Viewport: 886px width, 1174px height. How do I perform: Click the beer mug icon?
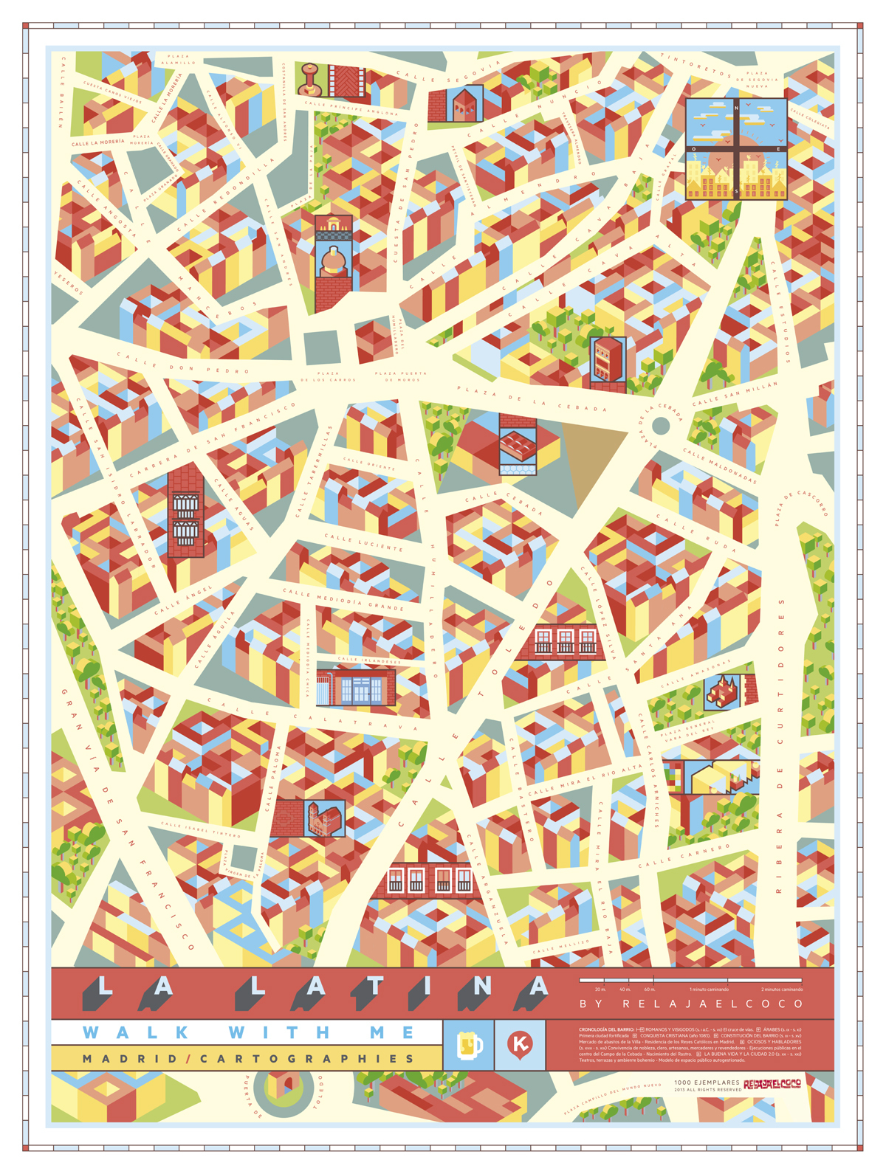(x=470, y=1044)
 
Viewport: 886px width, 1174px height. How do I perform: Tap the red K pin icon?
(x=521, y=1044)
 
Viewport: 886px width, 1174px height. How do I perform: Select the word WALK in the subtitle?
(x=136, y=1032)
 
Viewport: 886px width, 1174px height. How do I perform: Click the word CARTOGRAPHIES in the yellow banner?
(x=308, y=1059)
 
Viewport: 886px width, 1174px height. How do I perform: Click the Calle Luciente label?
(x=364, y=542)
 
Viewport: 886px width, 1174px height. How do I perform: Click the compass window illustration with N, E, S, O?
(x=736, y=149)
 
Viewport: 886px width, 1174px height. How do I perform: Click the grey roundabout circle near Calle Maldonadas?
(x=661, y=425)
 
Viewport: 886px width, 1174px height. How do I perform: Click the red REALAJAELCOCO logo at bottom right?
(x=772, y=1085)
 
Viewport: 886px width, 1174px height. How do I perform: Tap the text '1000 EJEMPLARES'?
(x=707, y=1083)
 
